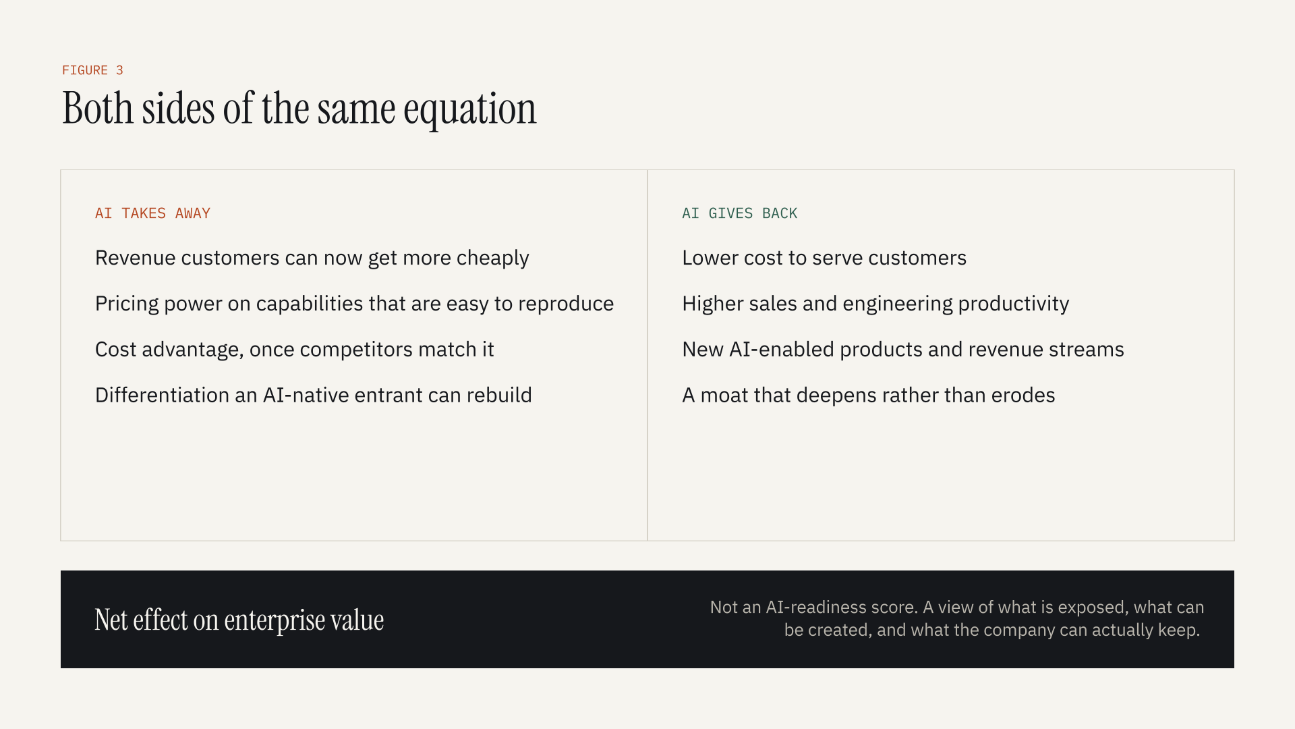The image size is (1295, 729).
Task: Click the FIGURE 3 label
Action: (x=92, y=70)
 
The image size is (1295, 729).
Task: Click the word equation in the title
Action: (x=470, y=110)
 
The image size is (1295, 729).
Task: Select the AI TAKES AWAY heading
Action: (x=152, y=213)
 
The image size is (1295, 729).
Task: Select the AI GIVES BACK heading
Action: (x=739, y=213)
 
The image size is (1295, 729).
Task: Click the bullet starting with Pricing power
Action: (x=354, y=304)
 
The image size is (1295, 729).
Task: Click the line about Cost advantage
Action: (x=295, y=350)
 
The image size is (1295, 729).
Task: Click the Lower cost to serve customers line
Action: (x=824, y=258)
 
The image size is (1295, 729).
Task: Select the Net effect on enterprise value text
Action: (x=239, y=620)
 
